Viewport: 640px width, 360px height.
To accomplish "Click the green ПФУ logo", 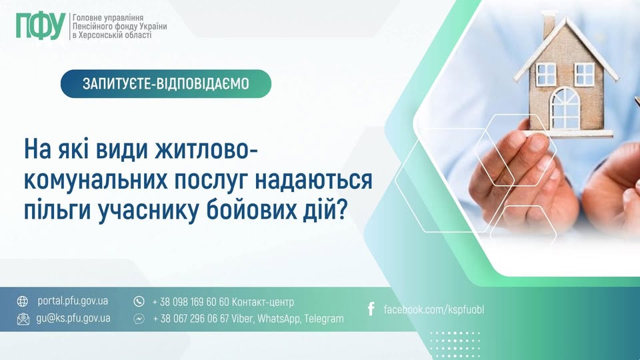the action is (x=41, y=26).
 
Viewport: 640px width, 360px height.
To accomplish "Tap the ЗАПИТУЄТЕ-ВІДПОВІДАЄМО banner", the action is (x=166, y=84).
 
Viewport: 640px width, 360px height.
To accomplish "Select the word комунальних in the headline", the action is (x=95, y=180).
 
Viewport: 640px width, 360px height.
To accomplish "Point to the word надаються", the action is (x=313, y=181).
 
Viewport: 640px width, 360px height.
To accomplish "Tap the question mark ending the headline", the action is (x=341, y=211).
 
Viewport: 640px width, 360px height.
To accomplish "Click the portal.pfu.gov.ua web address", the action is (x=73, y=301).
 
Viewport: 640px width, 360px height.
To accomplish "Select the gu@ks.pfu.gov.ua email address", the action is (x=73, y=319).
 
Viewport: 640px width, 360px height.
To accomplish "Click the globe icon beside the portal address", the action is (x=23, y=301).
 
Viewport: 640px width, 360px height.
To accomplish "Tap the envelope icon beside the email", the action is (x=23, y=319).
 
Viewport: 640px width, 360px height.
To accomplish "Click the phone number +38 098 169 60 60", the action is (x=191, y=302).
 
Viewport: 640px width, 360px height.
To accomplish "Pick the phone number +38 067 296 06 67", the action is (x=191, y=319).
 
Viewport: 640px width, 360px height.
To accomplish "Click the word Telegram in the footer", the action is (x=324, y=319).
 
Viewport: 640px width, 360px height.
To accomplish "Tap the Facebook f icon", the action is (x=371, y=309).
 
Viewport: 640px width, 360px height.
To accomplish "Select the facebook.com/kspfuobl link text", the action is (x=434, y=309).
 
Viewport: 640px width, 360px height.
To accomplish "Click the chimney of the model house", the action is (x=548, y=25).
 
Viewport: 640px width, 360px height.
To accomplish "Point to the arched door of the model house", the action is (x=565, y=108).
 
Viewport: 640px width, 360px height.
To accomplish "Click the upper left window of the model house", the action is (x=546, y=75).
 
